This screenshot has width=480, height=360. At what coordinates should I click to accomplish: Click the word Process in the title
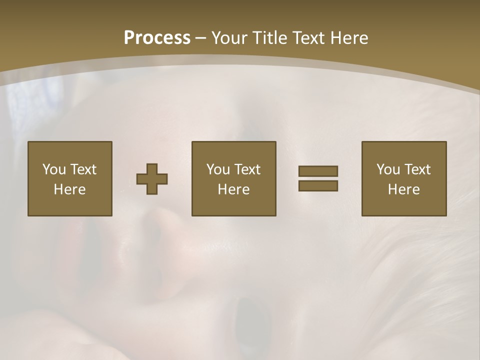157,38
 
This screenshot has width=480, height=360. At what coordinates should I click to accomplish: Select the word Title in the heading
270,38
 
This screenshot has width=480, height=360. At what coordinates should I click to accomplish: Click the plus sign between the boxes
152,178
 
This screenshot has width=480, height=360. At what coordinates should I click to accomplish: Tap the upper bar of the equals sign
318,171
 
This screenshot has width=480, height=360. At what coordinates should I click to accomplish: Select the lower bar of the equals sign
318,185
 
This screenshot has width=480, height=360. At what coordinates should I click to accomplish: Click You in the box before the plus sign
54,169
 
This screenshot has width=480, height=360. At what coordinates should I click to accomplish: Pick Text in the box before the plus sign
82,169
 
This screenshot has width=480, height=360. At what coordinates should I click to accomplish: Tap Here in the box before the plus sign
69,189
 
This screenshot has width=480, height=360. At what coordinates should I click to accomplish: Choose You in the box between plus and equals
218,169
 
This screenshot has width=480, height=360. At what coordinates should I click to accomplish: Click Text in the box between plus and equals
247,169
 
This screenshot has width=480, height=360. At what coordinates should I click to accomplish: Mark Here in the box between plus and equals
233,189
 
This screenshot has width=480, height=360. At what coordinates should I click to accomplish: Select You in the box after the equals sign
388,169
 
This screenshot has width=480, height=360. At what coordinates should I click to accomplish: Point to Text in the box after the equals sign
417,169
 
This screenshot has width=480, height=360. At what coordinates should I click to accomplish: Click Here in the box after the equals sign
403,189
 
